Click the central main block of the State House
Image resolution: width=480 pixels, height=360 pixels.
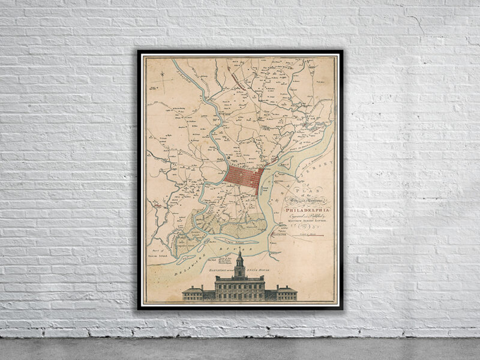point(239,289)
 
